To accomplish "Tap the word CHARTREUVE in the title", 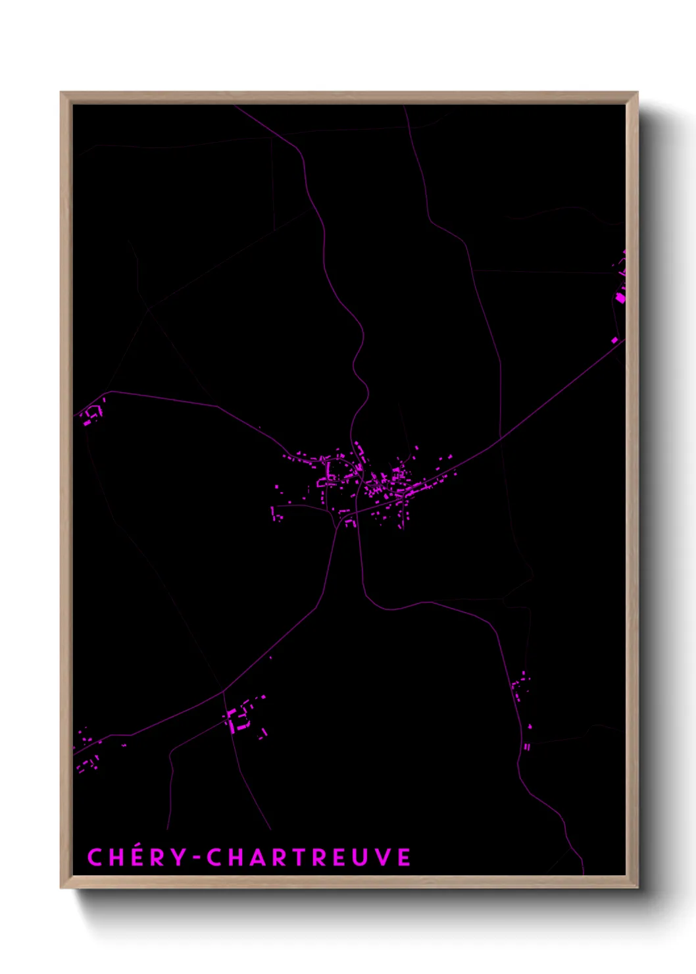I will pos(309,857).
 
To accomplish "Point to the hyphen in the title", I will pos(197,858).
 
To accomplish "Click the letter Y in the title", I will pos(178,857).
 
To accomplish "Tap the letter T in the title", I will pos(296,857).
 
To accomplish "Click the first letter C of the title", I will pos(95,857).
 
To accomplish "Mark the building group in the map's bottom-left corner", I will pos(87,754).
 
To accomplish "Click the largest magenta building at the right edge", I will pos(620,297).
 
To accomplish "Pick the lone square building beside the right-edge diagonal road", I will pos(615,340).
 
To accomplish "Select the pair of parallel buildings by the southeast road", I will pos(527,746).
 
